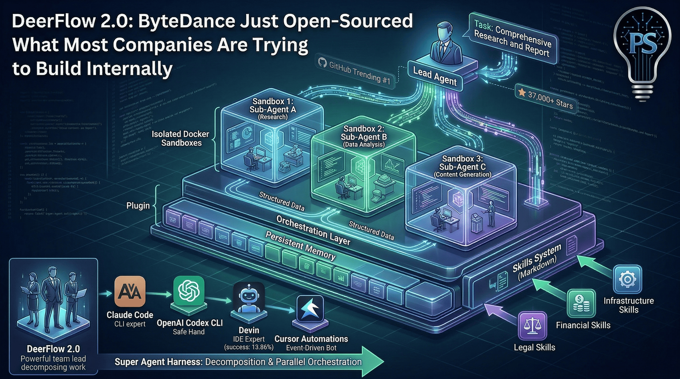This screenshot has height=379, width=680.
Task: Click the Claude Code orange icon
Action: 130,291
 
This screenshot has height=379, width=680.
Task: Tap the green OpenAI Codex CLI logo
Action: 189,291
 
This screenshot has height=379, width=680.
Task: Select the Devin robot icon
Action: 249,298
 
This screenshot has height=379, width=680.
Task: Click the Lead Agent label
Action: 434,76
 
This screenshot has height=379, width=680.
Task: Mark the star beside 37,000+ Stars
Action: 522,92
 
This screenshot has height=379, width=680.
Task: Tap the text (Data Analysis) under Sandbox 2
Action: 364,144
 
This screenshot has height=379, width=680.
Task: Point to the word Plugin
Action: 138,206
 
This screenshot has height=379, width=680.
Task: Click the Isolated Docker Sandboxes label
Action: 181,138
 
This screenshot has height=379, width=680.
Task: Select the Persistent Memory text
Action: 300,246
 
